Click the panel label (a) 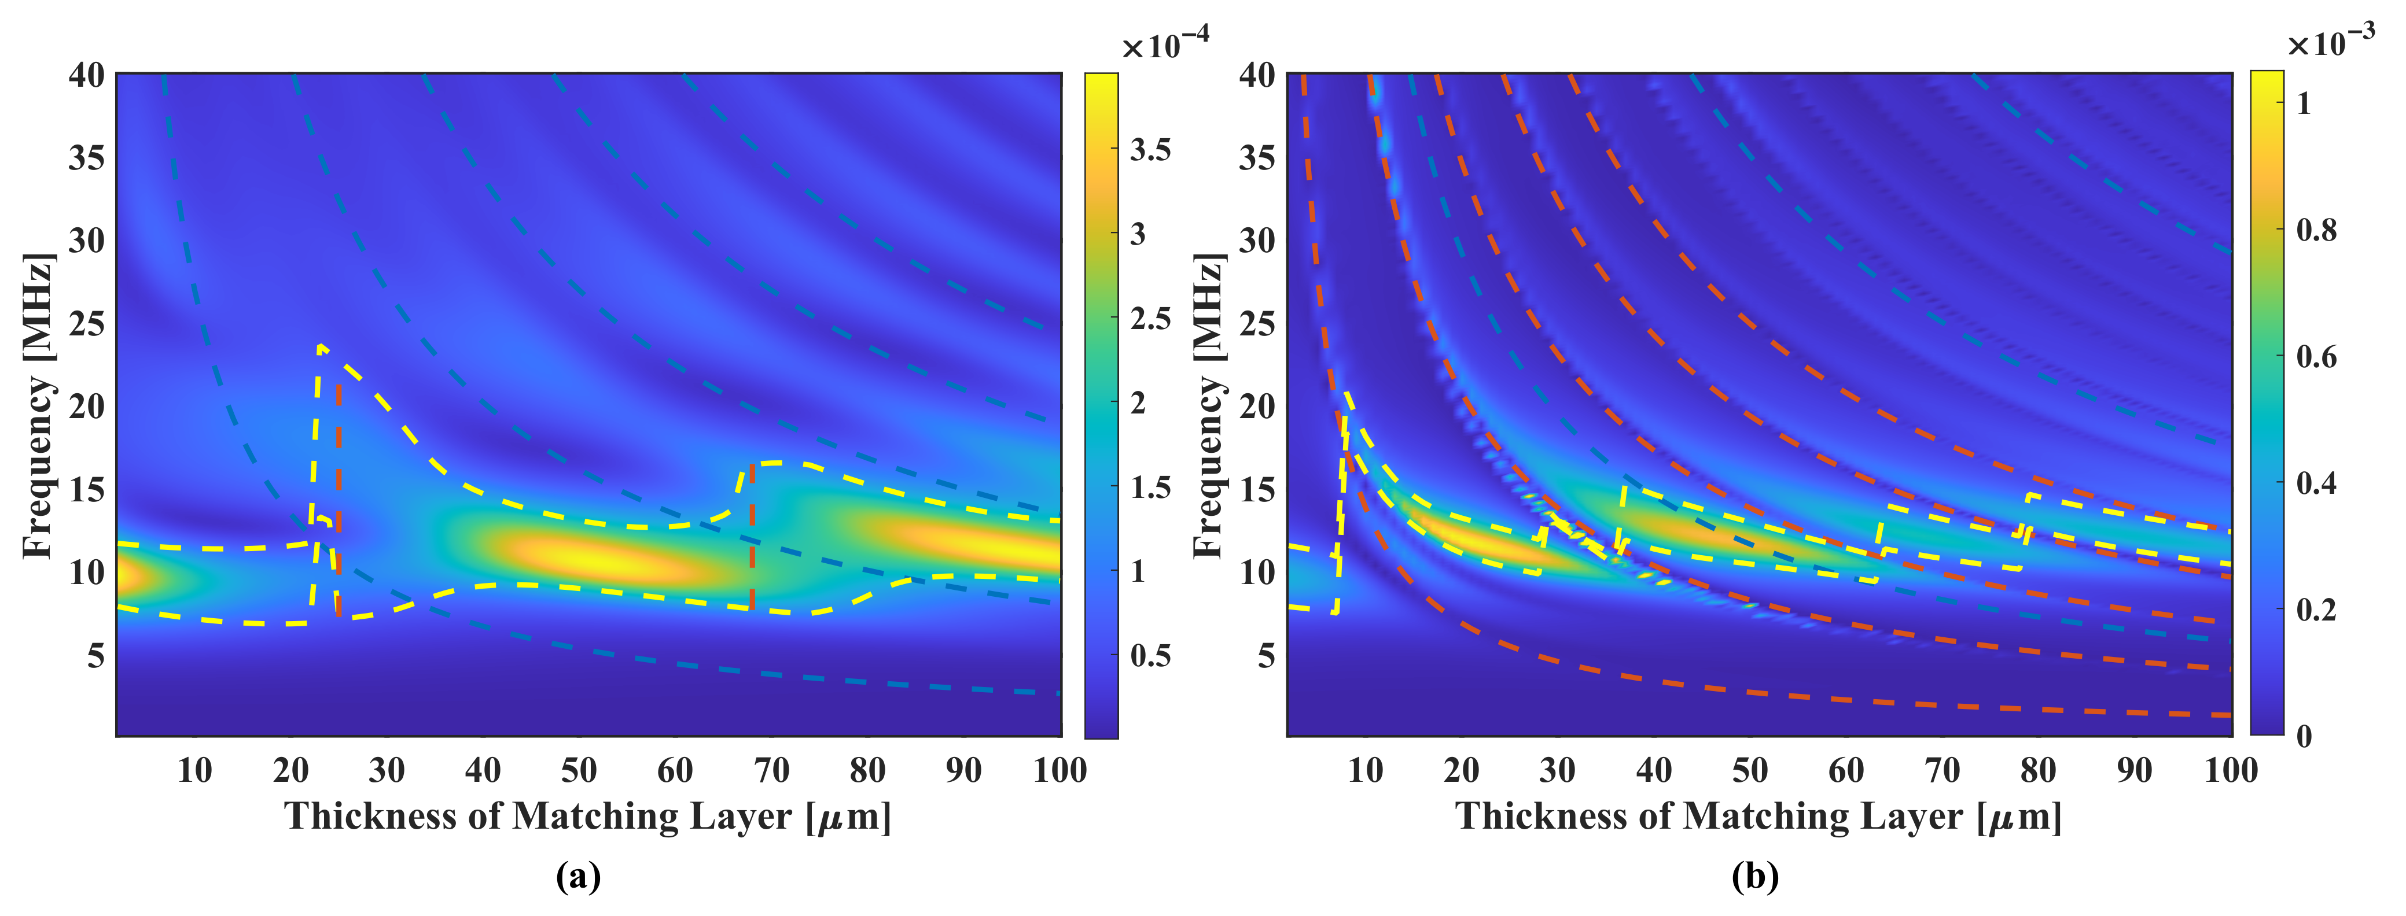(x=578, y=877)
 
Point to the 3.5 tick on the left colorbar (x=1150, y=149)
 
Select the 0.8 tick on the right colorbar (x=2316, y=230)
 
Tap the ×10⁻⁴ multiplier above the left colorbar (x=1165, y=42)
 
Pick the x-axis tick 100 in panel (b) (x=2231, y=770)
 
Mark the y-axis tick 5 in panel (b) (x=1265, y=656)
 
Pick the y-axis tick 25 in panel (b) (x=1257, y=324)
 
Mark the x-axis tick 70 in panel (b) (x=1942, y=770)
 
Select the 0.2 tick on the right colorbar (x=2316, y=610)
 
